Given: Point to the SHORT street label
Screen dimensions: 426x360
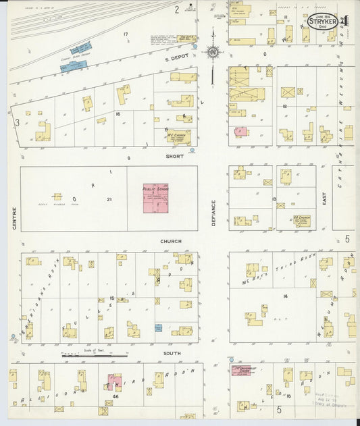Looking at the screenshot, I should pos(175,155).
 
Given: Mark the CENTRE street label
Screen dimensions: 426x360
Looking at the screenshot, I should pos(14,218).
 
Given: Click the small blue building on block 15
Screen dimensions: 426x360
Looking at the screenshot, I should pos(158,328).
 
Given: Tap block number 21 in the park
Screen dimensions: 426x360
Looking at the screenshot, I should pos(109,200).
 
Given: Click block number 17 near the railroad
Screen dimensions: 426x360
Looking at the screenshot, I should pos(125,34).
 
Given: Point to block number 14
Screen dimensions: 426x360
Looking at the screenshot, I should pos(286,295).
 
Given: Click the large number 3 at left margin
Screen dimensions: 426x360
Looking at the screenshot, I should pos(16,122).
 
